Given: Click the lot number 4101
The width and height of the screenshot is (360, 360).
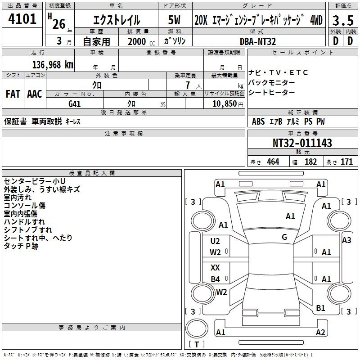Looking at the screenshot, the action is pos(22,19).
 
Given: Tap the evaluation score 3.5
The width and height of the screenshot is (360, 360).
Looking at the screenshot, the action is pos(343,20).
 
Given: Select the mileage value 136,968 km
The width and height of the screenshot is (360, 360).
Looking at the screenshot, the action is pos(53,65).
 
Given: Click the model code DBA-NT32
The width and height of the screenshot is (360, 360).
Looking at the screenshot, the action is pos(258,41).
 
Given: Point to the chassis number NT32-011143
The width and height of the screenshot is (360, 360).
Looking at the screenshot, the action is pos(302,143).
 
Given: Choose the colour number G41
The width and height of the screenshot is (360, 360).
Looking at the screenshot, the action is pos(75,104).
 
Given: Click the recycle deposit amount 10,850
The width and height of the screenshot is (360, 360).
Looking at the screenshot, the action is pos(225,103).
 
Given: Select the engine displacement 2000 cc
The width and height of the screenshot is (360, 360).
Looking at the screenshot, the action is pos(141,41).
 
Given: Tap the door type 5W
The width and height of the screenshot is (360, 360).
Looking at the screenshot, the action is pos(175,20).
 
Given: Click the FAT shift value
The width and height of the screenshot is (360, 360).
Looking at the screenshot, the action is pos(13,94).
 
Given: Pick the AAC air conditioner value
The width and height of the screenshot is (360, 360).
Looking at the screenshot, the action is pos(35,94).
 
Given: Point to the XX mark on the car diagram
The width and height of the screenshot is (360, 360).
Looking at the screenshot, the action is pos(215,268).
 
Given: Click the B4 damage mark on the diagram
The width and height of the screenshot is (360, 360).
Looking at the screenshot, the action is pos(216,279).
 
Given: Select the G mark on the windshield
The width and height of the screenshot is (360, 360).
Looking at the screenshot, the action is pos(284,237).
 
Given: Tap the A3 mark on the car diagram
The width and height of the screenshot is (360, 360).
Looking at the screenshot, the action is pos(346,240).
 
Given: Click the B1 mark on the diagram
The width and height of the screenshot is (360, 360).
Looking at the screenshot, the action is pos(320,308).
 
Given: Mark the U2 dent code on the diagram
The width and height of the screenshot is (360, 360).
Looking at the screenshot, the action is pos(215,241).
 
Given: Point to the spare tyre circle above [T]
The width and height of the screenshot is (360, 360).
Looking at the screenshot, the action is pos(197,328).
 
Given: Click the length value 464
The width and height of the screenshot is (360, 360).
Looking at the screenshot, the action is pos(273,162).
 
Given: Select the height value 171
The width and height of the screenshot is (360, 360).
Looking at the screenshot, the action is pos(346,162).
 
